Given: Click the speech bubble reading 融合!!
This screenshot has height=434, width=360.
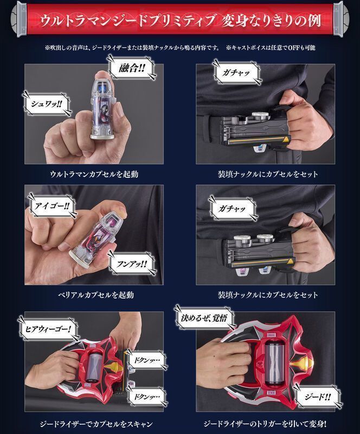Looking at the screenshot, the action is click(x=132, y=68).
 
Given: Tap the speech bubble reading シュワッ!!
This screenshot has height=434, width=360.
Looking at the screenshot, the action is click(x=47, y=104).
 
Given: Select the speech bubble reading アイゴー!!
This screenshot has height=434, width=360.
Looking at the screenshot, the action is click(x=52, y=206).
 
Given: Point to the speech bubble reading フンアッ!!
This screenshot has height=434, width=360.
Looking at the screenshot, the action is click(x=131, y=264).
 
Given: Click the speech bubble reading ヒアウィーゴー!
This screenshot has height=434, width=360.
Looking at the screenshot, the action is click(x=48, y=329).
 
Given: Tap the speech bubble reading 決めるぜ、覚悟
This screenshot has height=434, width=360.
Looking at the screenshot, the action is click(x=204, y=318).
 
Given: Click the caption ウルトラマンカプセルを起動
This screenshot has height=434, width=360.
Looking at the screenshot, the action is click(x=94, y=174).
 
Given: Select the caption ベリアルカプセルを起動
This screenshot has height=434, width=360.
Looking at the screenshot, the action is click(x=96, y=295).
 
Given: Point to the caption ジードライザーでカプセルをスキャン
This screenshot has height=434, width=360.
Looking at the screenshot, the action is click(x=96, y=424).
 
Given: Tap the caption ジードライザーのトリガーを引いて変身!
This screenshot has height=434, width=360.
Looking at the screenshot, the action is click(x=265, y=424).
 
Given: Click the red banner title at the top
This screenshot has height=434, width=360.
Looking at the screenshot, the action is click(x=180, y=20).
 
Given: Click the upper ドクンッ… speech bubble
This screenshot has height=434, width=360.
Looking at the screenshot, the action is click(x=146, y=360).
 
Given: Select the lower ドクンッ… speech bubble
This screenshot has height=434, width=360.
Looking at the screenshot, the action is click(x=146, y=397).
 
